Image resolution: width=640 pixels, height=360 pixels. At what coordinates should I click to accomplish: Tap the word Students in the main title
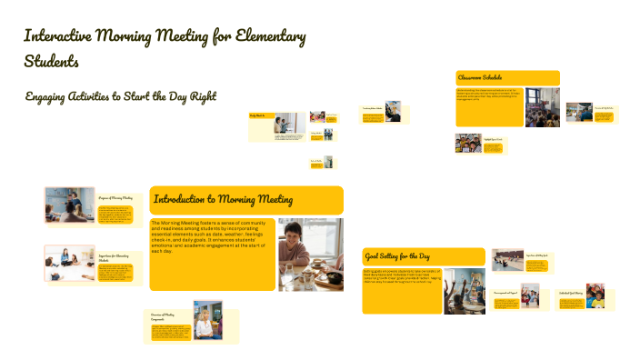tap(52, 62)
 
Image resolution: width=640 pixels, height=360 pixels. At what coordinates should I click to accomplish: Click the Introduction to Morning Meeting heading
tap(223, 199)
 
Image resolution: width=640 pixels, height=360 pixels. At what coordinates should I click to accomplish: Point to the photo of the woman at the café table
tap(310, 254)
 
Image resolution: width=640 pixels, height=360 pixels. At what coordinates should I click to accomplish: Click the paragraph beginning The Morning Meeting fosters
tap(212, 236)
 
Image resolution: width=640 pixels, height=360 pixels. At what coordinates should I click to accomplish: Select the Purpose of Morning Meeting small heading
tap(115, 197)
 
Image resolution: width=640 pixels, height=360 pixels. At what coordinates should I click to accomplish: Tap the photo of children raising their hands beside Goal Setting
tap(464, 291)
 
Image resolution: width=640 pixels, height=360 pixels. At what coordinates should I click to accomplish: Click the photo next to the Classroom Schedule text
tap(542, 106)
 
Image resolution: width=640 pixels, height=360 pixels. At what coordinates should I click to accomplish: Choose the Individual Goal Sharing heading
tap(570, 293)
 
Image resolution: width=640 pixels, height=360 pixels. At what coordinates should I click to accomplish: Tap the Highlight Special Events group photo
tap(468, 143)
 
